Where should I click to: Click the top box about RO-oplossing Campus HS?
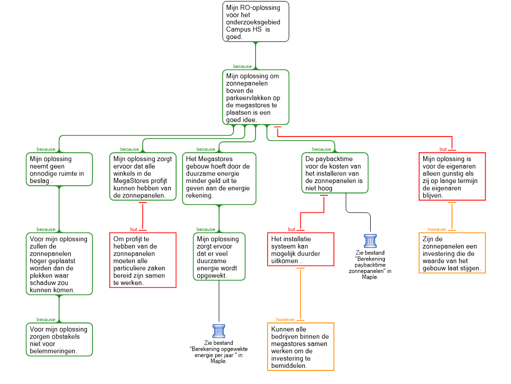click(x=255, y=21)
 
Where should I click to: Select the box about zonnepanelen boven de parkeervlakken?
click(x=255, y=97)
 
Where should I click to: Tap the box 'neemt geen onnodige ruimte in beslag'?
click(x=59, y=169)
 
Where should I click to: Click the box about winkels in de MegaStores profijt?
click(x=143, y=176)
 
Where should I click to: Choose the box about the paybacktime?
click(x=335, y=173)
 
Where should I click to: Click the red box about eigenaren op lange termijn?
click(x=452, y=176)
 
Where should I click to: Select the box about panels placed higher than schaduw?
click(x=59, y=263)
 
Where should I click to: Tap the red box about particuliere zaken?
click(x=143, y=260)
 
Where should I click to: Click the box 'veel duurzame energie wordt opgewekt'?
click(x=219, y=256)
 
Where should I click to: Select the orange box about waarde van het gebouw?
click(x=452, y=253)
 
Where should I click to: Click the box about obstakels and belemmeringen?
click(x=59, y=339)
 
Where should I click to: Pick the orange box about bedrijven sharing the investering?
click(x=300, y=346)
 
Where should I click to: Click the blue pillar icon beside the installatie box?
click(x=370, y=241)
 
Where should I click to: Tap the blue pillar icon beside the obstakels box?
click(x=219, y=331)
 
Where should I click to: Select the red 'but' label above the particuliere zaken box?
click(x=134, y=229)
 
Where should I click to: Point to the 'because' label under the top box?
click(x=243, y=66)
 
